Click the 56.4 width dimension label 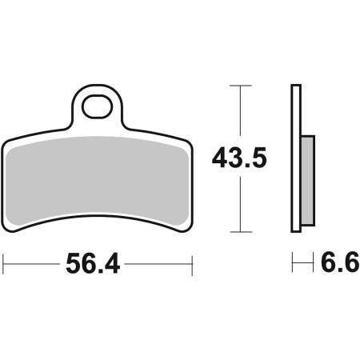coord(93,264)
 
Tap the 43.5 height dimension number coord(239,158)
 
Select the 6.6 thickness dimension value coord(340,262)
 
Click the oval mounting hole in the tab coord(97,106)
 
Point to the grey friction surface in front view coord(97,181)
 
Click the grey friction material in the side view coord(308,181)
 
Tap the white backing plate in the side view coord(296,158)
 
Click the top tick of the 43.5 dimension coord(241,86)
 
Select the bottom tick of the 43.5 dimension coord(241,232)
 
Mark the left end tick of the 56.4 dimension coord(3,264)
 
